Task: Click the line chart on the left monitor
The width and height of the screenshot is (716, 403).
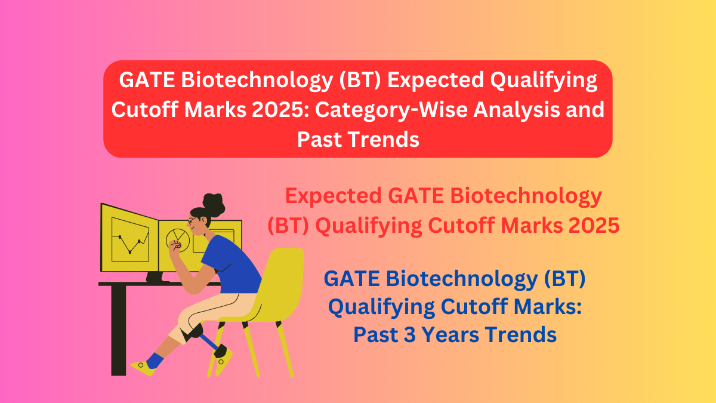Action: [x=129, y=238]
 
